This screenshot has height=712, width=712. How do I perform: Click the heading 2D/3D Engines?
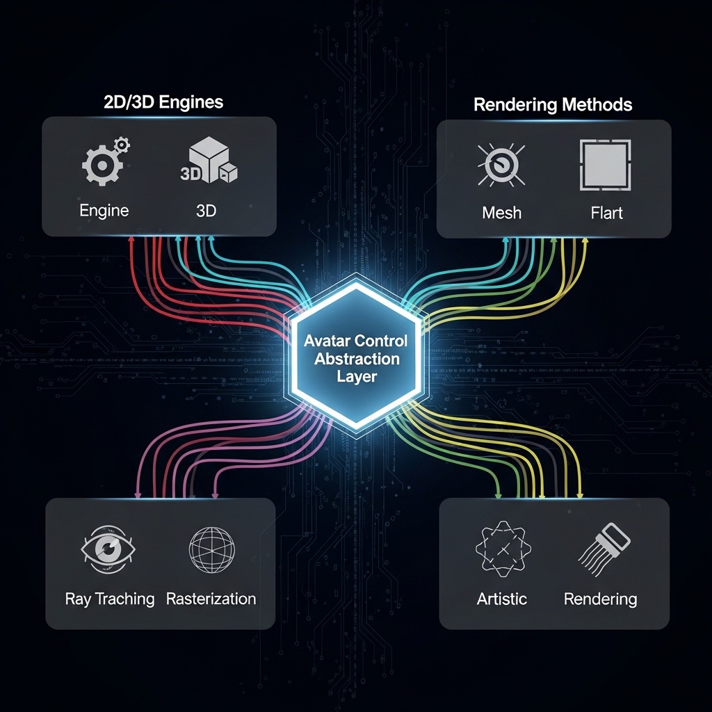click(x=159, y=102)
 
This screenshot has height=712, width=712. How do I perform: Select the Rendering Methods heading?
click(x=553, y=105)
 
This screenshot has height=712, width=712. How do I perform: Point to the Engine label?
click(x=104, y=211)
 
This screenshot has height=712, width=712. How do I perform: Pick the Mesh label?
click(x=501, y=213)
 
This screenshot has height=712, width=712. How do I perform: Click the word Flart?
click(x=606, y=213)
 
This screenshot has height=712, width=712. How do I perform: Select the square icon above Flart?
click(x=605, y=165)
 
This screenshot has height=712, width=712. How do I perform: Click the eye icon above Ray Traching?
click(x=106, y=550)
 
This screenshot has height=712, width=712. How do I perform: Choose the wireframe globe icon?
click(x=211, y=550)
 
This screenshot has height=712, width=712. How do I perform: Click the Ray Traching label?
click(x=110, y=599)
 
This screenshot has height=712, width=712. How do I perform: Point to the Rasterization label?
click(x=211, y=599)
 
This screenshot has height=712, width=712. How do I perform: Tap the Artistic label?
click(x=502, y=599)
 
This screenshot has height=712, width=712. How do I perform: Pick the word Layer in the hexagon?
click(x=357, y=378)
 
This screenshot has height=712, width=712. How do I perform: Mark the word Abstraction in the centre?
click(x=357, y=359)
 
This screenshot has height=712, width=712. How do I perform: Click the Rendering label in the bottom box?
click(x=600, y=599)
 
